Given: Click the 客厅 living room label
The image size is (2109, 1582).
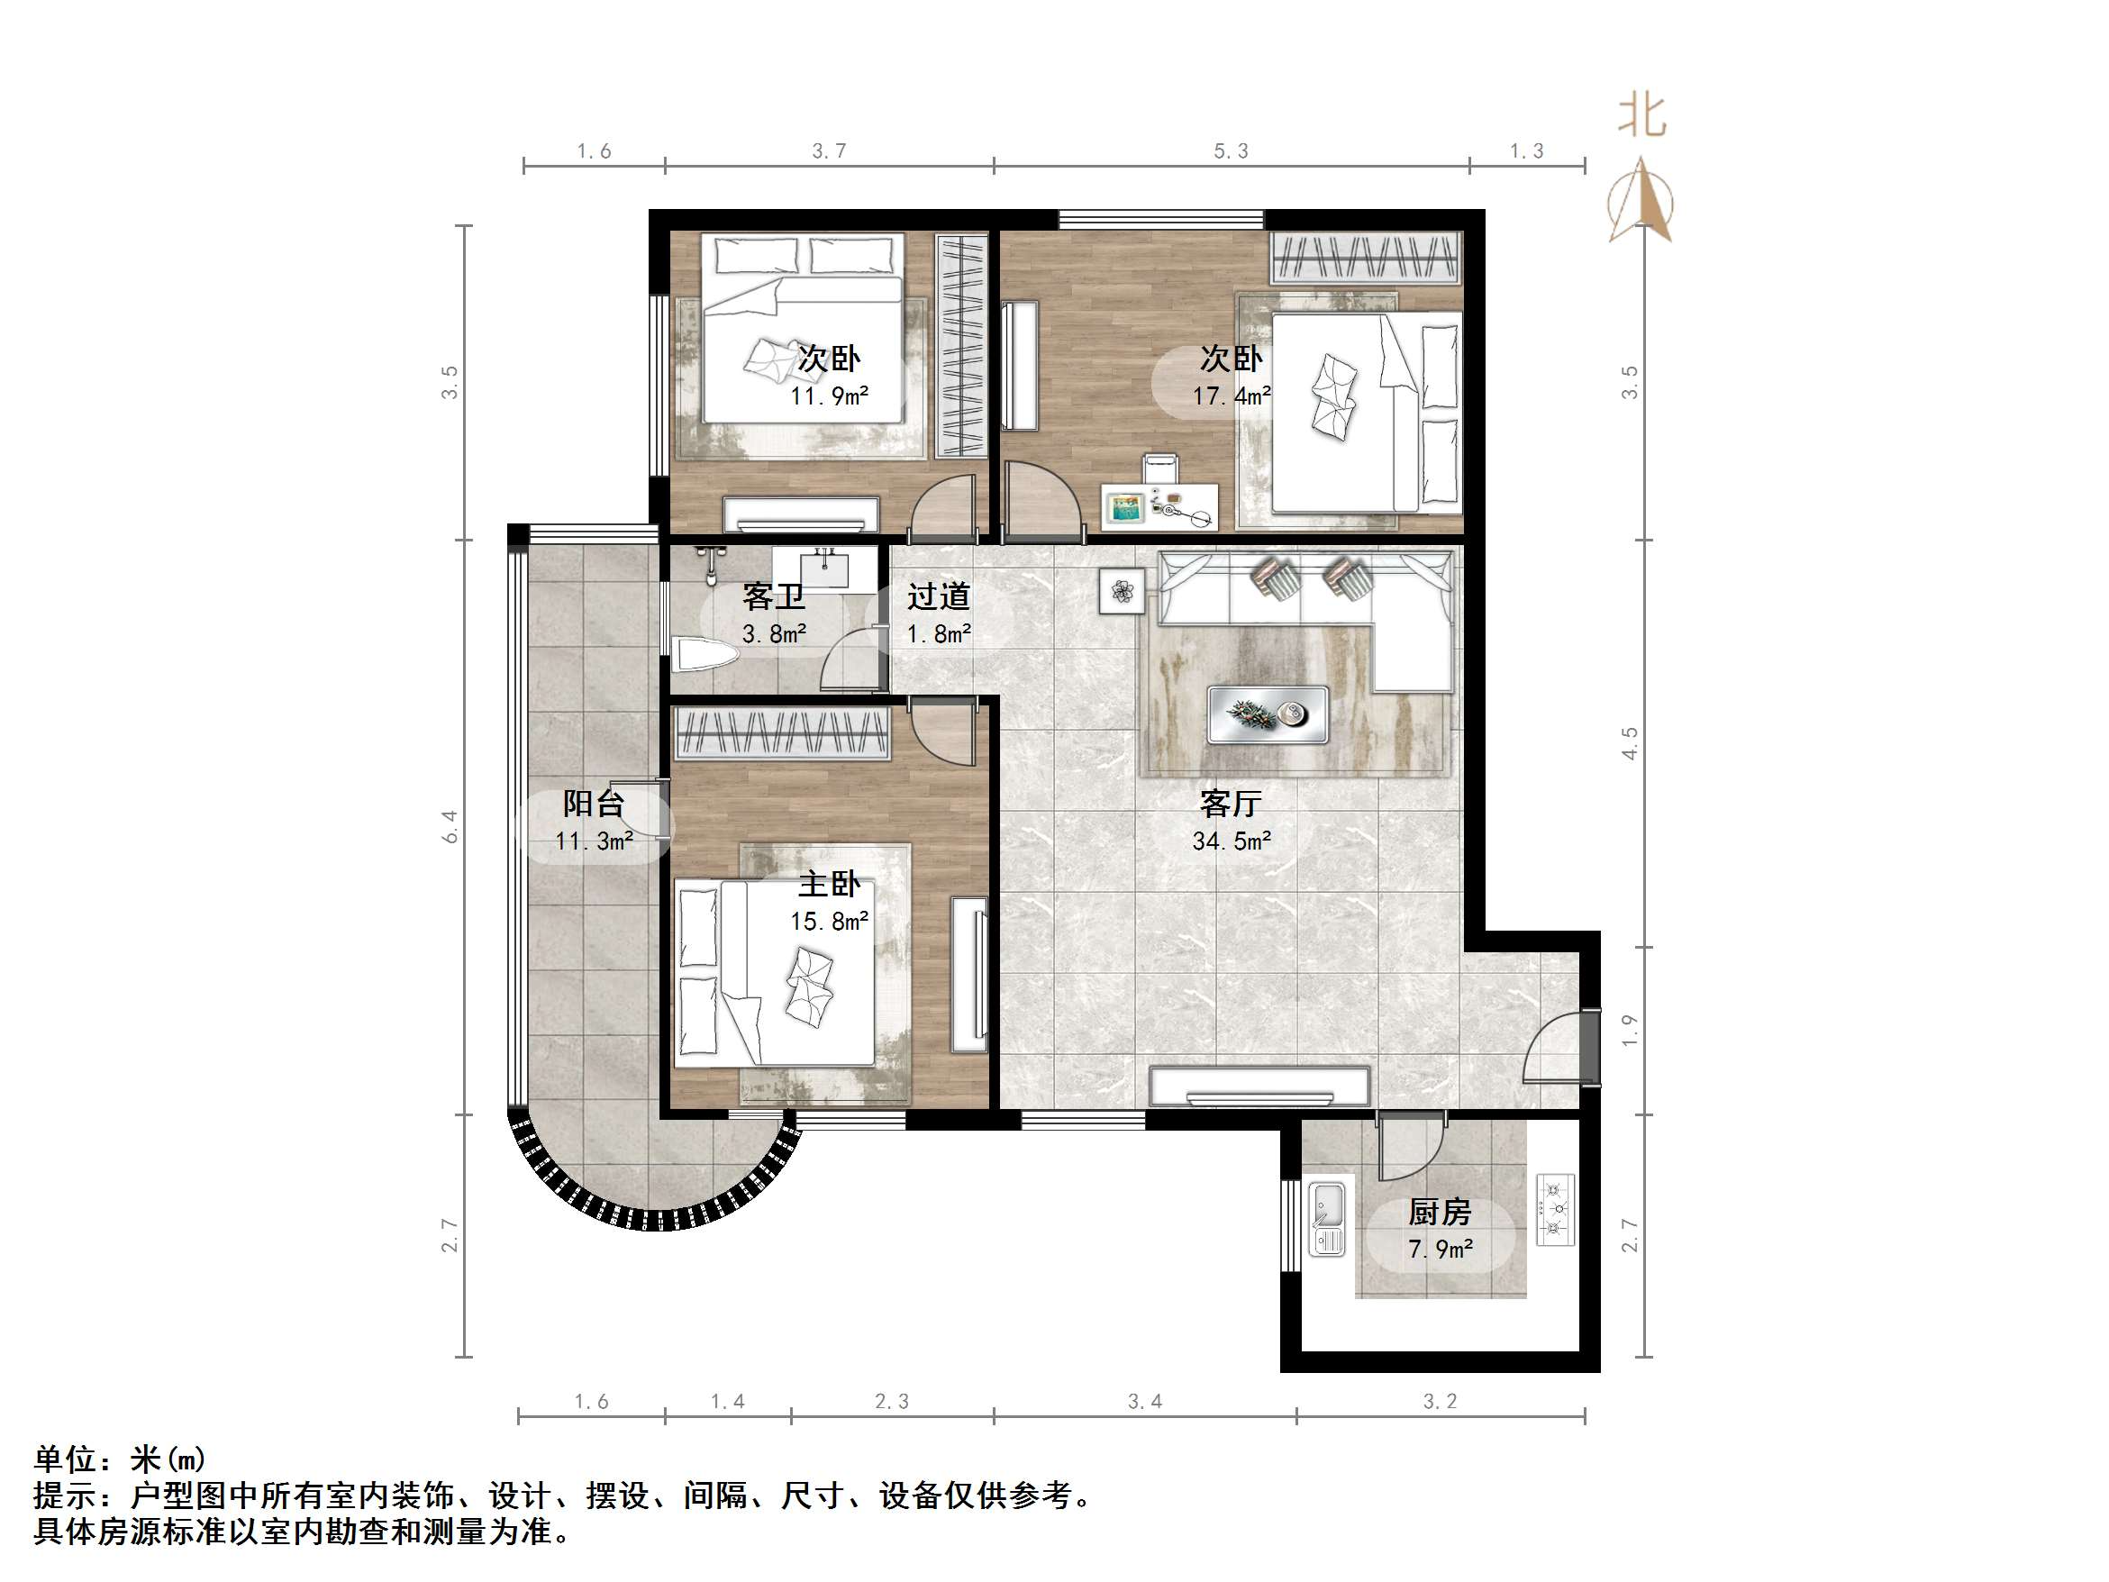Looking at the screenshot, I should coord(1230,804).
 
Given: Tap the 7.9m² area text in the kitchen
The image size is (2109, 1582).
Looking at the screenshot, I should coord(1440,1249).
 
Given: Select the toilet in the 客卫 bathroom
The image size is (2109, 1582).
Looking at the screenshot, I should coord(705,655).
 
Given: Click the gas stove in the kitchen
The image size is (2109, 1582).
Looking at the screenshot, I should coord(1554,1209).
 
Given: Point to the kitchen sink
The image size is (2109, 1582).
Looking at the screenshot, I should coord(1326,1218).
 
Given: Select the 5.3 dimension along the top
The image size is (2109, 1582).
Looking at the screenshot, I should coord(1230,150).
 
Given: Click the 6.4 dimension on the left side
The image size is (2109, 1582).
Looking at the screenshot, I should coord(450,826).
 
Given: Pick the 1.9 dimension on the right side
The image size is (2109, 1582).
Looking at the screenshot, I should coord(1630,1029).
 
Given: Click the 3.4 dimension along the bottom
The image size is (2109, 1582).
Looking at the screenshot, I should coord(1144,1401).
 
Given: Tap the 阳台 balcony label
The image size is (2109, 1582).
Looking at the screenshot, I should coord(593,804).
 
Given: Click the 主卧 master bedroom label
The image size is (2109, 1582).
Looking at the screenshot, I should coord(829,884).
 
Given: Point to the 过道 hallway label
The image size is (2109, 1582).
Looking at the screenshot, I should coord(938,597).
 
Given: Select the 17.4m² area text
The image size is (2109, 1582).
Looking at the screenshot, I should coord(1230,395).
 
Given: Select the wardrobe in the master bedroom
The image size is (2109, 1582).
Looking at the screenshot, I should coord(782,733).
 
